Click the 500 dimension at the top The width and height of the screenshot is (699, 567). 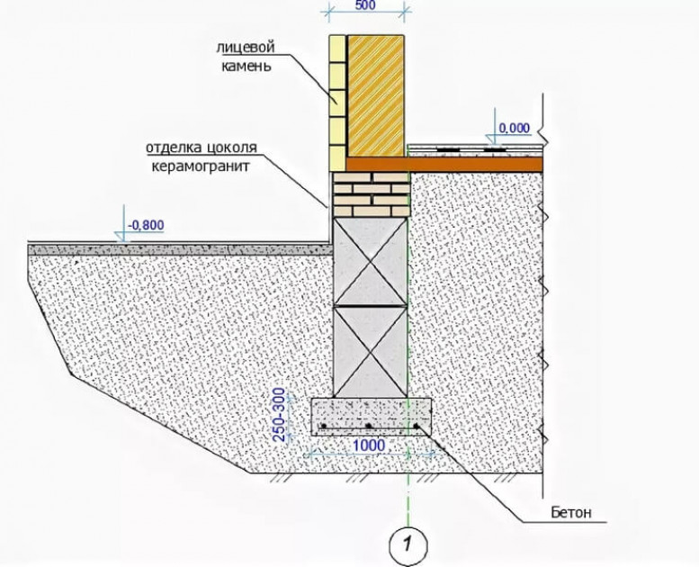click(365, 5)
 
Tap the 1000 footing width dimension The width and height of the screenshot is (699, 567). click(369, 445)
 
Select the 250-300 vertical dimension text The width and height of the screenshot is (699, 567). click(279, 415)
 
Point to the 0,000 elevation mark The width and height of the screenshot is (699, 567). click(514, 128)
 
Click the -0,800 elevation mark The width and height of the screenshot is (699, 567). click(146, 225)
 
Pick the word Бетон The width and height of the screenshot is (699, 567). click(571, 512)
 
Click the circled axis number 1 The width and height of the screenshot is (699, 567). click(408, 544)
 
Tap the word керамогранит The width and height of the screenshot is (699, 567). click(201, 166)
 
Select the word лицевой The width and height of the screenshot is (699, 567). click(246, 48)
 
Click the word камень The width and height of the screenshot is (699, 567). click(246, 66)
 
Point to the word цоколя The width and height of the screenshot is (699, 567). click(233, 148)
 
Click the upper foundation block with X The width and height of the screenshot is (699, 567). click(371, 262)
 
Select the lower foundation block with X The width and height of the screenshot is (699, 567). click(371, 352)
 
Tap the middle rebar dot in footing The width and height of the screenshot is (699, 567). click(368, 426)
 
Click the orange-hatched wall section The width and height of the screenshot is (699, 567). click(376, 96)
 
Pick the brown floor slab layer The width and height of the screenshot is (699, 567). click(444, 164)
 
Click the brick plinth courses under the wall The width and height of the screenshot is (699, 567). click(371, 195)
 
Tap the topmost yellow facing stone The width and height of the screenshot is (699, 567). click(337, 49)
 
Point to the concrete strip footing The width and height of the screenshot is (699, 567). click(371, 416)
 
